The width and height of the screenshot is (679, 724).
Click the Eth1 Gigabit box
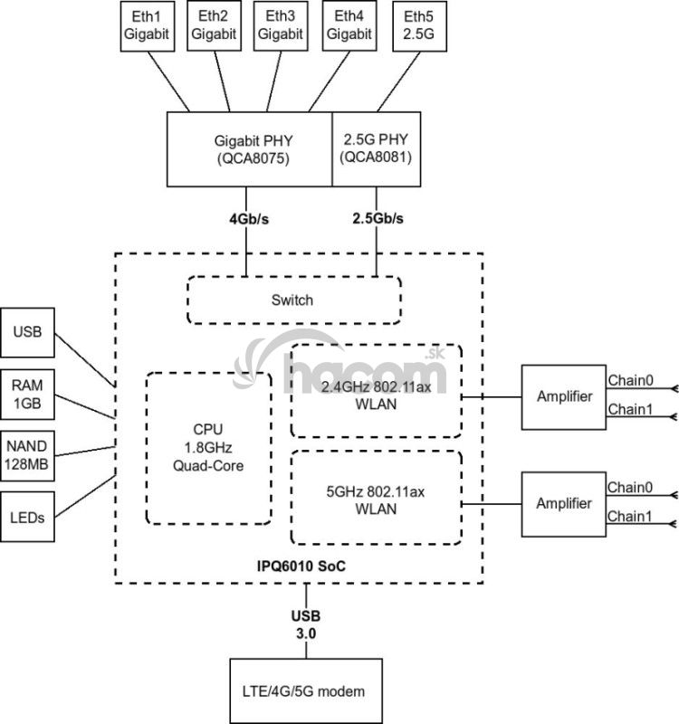[146, 26]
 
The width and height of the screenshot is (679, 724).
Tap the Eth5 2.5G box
[418, 26]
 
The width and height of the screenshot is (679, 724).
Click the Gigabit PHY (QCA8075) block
[250, 148]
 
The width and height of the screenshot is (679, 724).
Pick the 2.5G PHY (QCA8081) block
[376, 148]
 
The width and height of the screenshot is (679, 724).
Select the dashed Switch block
[293, 300]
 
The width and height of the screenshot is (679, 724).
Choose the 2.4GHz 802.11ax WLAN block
[376, 390]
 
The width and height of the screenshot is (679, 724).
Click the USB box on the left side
[28, 333]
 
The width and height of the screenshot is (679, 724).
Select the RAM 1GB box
[28, 394]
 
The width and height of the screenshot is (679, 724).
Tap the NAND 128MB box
[28, 455]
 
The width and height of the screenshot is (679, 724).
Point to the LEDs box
[28, 518]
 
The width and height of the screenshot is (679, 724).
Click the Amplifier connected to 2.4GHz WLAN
[563, 396]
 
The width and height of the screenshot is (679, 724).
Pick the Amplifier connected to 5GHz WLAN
[563, 503]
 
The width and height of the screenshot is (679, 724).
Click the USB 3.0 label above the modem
[305, 625]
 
